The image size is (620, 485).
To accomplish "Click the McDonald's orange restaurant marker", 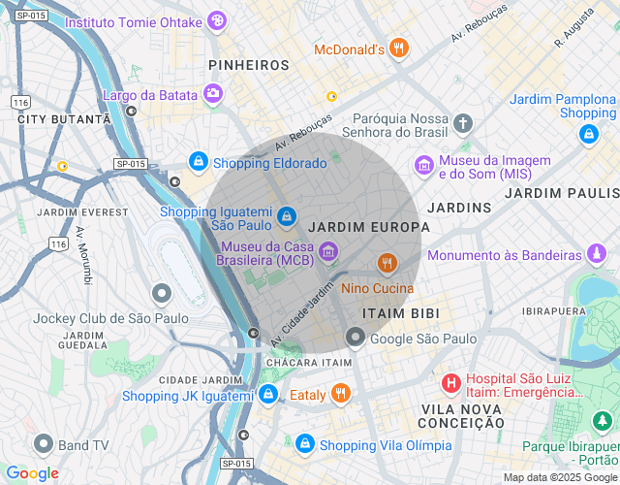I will point(399,48).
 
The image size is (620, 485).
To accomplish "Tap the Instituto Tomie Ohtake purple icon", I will point(218,20).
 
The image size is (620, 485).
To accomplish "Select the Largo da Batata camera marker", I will point(212,94).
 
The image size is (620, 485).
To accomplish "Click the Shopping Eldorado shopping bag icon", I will point(198,162).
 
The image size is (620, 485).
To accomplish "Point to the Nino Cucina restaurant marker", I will point(387,263).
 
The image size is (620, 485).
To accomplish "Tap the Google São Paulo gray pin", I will point(356,338).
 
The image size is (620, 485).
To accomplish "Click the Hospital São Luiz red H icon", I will point(450,383).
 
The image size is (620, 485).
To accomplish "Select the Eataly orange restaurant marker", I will point(340,394).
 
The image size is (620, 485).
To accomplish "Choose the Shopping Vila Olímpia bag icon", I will point(305,444).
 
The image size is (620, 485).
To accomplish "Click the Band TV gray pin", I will point(43,444).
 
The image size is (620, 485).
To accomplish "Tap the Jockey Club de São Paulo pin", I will point(162,292).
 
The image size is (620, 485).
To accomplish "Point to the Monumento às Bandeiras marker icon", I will point(598,255).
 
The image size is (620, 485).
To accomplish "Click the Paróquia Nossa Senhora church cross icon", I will point(463,123).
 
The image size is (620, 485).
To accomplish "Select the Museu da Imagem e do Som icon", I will point(423,166).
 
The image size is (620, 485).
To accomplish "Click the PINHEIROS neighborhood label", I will point(249,65).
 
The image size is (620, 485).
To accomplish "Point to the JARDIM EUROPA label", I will point(368,227).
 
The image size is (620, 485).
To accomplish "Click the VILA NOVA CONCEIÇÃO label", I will point(461,416).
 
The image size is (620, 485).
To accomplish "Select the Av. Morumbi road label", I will point(83,255).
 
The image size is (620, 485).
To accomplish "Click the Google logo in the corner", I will point(32,473).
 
